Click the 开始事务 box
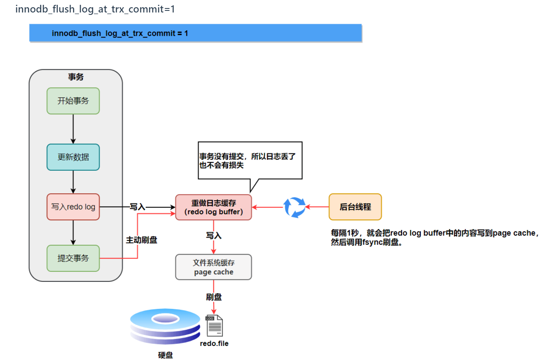coord(73,101)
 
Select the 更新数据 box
coord(73,157)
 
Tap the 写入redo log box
coord(73,207)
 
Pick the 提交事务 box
coord(73,258)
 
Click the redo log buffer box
coord(214,207)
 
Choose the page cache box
coord(214,267)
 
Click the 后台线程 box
coord(355,207)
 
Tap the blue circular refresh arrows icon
coord(295,207)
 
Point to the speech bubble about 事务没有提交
coord(249,160)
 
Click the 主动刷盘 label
coord(141,240)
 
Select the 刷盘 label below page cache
coord(214,297)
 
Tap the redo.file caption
coord(214,343)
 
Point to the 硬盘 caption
coord(165,355)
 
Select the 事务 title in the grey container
coord(76,77)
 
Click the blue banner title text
coord(120,33)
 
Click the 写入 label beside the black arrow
coord(137,207)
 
